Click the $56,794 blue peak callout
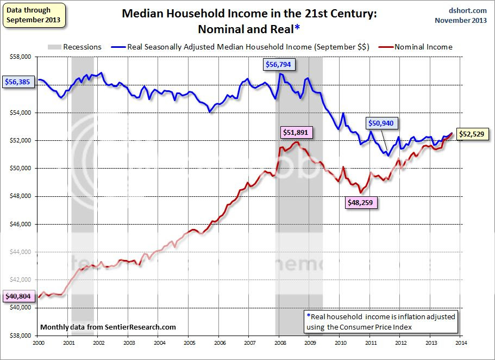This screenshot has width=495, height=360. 279,65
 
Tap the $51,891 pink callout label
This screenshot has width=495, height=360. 297,132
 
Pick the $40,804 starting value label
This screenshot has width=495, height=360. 20,296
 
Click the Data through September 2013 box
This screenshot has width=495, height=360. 34,15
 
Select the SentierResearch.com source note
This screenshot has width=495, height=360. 108,327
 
